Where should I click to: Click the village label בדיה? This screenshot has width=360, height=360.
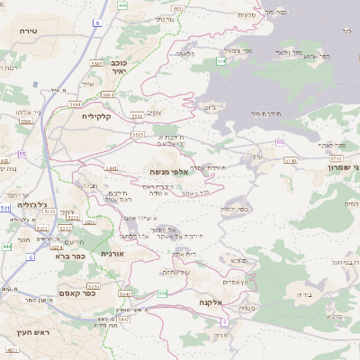(x=293, y=293)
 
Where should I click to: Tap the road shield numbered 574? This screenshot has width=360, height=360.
(x=220, y=61)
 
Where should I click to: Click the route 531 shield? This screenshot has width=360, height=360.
(x=6, y=207)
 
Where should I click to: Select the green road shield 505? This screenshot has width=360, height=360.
(x=161, y=293)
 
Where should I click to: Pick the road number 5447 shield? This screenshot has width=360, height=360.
(x=123, y=319)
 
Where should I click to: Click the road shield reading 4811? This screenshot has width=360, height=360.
(x=13, y=348)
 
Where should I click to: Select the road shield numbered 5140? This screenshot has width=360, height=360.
(x=290, y=160)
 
